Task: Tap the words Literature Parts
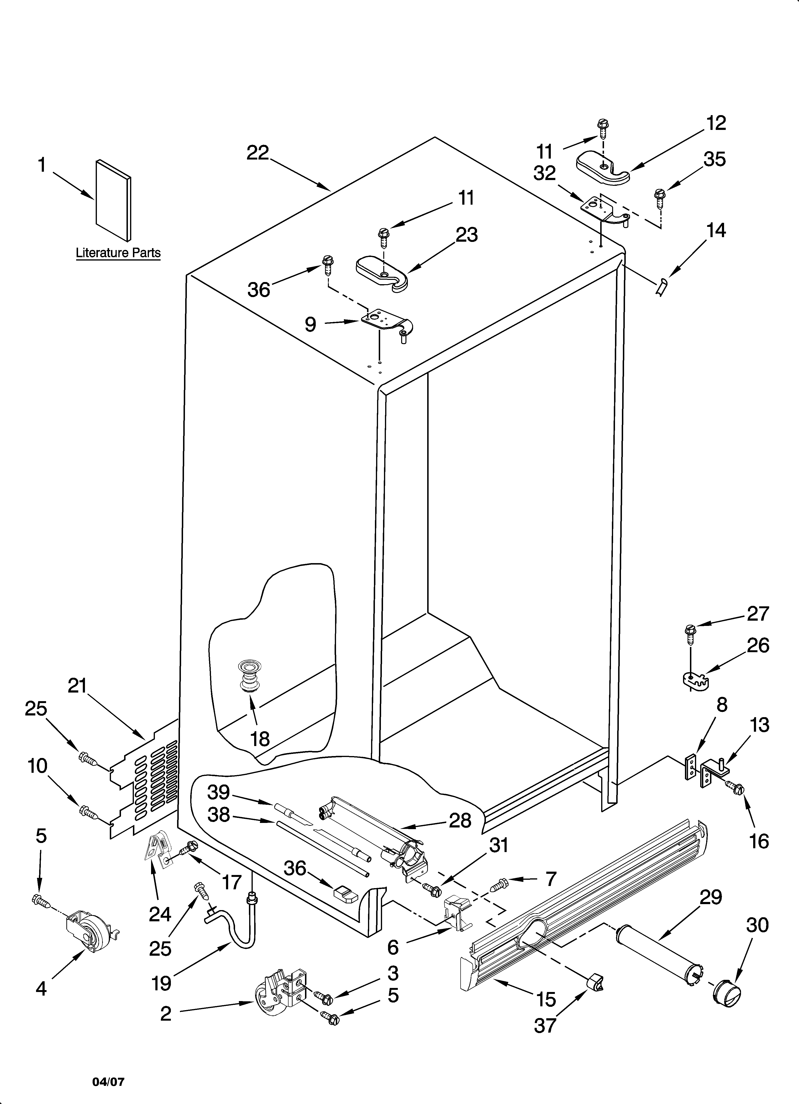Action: (118, 253)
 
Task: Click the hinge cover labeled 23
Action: (382, 274)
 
